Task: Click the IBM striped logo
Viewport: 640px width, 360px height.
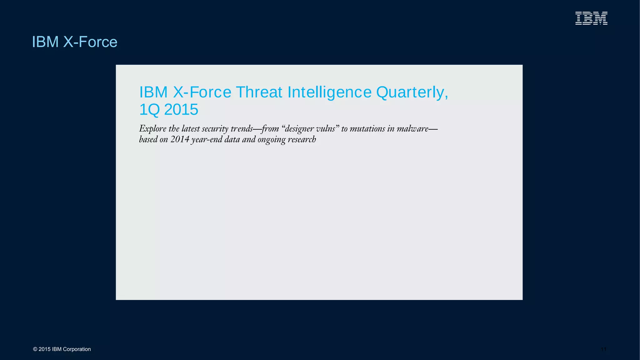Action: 591,18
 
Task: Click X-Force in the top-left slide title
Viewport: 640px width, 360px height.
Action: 90,42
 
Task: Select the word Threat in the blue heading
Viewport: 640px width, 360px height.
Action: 259,92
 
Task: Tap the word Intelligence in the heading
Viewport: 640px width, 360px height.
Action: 329,92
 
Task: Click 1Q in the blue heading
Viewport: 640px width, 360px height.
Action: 149,110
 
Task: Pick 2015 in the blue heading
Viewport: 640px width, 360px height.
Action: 181,110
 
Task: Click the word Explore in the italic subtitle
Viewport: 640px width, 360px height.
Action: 152,129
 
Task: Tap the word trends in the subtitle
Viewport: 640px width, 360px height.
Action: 242,129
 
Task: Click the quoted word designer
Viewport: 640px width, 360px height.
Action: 299,129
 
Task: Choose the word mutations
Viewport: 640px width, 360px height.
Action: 367,129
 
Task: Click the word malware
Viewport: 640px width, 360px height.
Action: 412,129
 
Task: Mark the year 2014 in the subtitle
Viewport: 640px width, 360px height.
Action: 180,139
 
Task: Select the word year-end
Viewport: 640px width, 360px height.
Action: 207,139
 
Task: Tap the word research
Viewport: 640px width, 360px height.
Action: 302,139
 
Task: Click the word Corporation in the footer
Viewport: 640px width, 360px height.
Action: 77,349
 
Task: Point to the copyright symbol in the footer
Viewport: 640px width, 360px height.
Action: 35,349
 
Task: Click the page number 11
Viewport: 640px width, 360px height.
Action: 603,349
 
